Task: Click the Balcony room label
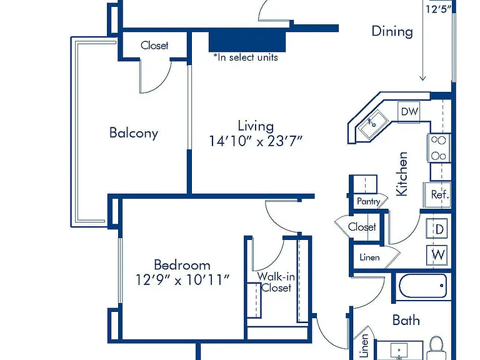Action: pyautogui.click(x=134, y=133)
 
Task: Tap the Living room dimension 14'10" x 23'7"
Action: pyautogui.click(x=256, y=141)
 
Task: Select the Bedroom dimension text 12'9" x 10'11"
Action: pyautogui.click(x=182, y=280)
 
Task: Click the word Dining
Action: pyautogui.click(x=392, y=31)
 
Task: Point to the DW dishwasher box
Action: pyautogui.click(x=409, y=112)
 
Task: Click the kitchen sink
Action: pyautogui.click(x=373, y=124)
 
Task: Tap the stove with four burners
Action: pyautogui.click(x=439, y=148)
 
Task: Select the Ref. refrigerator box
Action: pyautogui.click(x=437, y=195)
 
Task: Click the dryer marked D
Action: pyautogui.click(x=437, y=229)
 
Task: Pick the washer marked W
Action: pyautogui.click(x=437, y=255)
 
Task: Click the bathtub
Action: pyautogui.click(x=422, y=286)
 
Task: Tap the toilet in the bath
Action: pyautogui.click(x=436, y=348)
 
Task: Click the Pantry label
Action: pyautogui.click(x=369, y=201)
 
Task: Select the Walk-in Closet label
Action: pyautogui.click(x=276, y=282)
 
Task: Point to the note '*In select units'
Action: pyautogui.click(x=246, y=57)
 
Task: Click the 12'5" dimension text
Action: pyautogui.click(x=439, y=9)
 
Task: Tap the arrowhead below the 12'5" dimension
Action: pyautogui.click(x=422, y=78)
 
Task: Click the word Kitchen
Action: pyautogui.click(x=402, y=174)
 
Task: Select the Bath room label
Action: pyautogui.click(x=406, y=320)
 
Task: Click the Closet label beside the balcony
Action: pyautogui.click(x=154, y=45)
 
